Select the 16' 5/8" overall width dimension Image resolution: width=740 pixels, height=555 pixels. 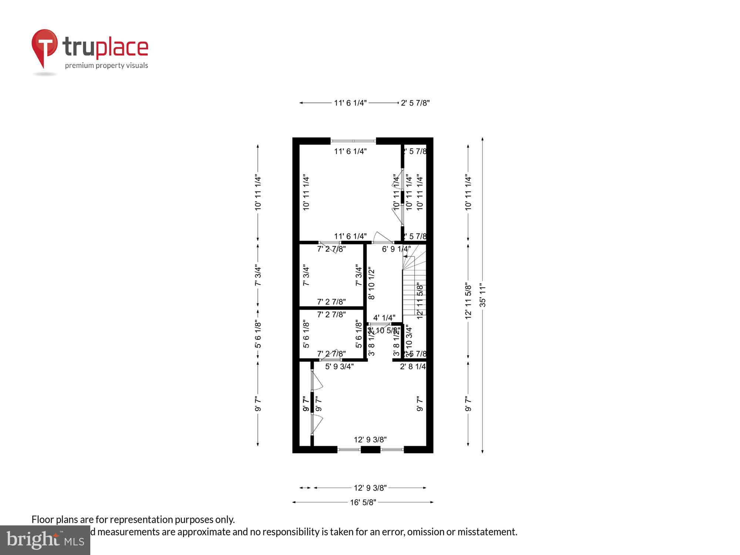(x=363, y=502)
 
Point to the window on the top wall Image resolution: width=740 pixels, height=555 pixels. (x=353, y=141)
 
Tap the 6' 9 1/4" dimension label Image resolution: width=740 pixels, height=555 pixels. (x=396, y=249)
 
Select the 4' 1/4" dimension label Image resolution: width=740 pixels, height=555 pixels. (x=384, y=318)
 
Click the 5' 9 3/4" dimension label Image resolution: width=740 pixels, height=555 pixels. (x=339, y=367)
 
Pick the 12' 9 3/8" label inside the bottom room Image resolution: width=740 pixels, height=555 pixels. (x=370, y=440)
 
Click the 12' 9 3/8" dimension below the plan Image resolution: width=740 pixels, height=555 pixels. (x=370, y=488)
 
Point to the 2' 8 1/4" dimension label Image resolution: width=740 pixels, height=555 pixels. (x=413, y=367)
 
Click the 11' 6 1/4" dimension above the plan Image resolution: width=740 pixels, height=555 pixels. (x=350, y=103)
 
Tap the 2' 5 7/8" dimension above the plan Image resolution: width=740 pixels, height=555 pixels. (x=415, y=103)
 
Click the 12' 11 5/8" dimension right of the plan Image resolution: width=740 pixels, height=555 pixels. (x=468, y=301)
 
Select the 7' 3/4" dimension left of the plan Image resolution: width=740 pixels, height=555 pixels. (x=258, y=276)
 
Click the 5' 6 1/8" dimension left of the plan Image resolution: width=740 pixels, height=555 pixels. (x=258, y=334)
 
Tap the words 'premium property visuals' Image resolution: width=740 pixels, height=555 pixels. (x=107, y=66)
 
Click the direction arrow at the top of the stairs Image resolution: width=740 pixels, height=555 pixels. (x=408, y=256)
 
